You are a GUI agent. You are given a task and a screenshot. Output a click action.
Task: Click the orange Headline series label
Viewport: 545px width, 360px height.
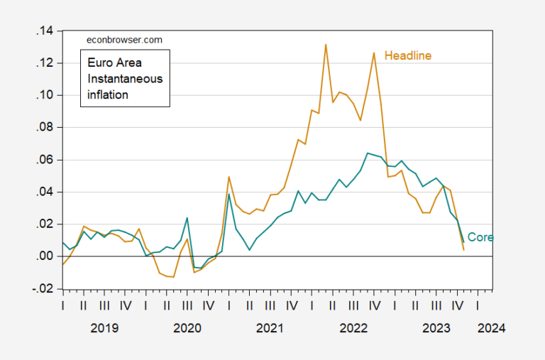pos(408,55)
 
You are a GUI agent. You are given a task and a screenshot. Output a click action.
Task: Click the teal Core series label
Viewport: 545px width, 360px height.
pos(480,238)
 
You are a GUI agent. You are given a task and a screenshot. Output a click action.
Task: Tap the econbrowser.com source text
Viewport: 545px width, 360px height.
pos(117,41)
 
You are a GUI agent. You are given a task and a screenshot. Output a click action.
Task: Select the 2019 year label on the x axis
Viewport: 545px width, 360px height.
pos(104,329)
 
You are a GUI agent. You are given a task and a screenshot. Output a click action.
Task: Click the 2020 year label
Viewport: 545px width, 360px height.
pos(187,329)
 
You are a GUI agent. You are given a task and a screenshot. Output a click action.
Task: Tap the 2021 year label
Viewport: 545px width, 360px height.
pos(270,329)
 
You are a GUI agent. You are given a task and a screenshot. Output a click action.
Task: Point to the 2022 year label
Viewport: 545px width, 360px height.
pos(353,329)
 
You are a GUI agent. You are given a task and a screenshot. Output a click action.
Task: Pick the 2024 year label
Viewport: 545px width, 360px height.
pos(491,329)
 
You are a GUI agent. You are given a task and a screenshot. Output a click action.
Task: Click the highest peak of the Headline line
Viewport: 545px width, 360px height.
pos(326,45)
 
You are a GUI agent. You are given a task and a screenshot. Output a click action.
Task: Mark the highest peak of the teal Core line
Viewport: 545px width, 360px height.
pos(368,153)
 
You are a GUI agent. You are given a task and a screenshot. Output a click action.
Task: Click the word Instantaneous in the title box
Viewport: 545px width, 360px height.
pos(124,78)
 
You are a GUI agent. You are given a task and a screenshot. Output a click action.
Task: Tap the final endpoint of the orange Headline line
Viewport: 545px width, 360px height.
pos(464,249)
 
